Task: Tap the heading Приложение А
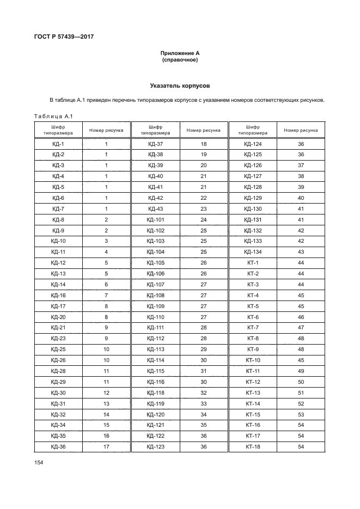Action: [x=180, y=53]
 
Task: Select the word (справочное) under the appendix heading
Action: [x=180, y=60]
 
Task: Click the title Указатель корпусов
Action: [x=180, y=85]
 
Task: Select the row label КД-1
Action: [x=58, y=144]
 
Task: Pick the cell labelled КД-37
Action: [x=155, y=144]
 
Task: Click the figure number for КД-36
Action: [x=106, y=446]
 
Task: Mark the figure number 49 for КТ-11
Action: [x=301, y=371]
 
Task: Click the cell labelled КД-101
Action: [x=155, y=219]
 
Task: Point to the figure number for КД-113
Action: [x=203, y=349]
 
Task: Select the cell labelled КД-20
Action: [x=58, y=317]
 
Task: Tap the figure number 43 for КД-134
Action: [x=301, y=252]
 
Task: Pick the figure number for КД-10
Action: [x=106, y=241]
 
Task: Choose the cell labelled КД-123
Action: [x=155, y=446]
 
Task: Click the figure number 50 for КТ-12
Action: [x=301, y=382]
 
